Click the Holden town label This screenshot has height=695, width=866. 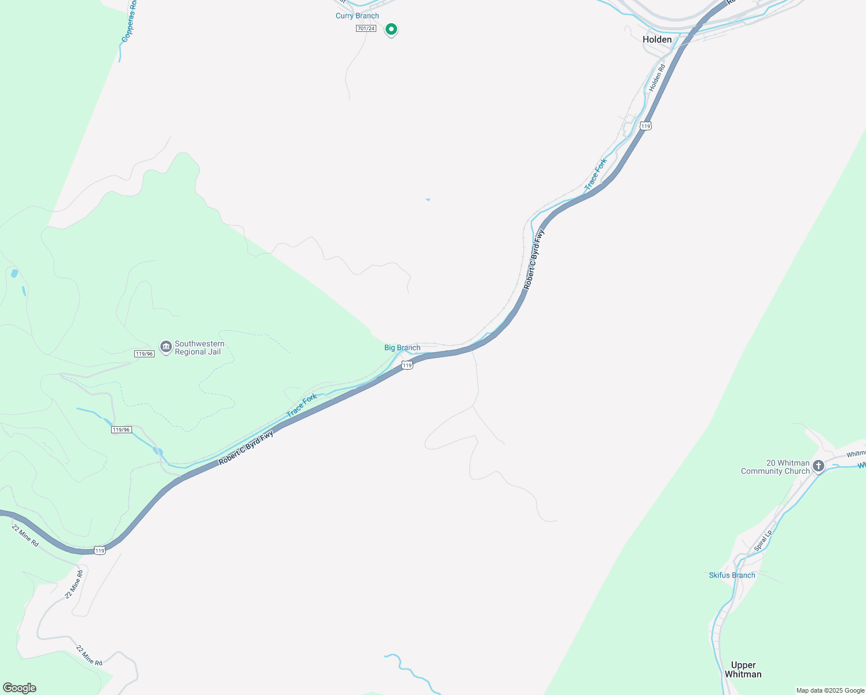[657, 39]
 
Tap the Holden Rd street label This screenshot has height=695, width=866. [657, 78]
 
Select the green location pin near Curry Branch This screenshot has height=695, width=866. [391, 29]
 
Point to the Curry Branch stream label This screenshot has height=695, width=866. [357, 16]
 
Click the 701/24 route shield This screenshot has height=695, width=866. [366, 28]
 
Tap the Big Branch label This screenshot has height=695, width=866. [402, 348]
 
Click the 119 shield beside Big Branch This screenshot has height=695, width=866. [408, 365]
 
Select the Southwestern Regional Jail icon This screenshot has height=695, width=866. [166, 348]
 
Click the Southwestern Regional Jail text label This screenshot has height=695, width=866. [199, 348]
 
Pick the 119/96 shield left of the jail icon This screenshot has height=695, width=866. [144, 353]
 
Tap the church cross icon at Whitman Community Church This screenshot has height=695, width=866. [819, 466]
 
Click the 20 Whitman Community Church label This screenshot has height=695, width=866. [776, 467]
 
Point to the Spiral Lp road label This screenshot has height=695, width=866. [763, 540]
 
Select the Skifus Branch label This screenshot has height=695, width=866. [732, 575]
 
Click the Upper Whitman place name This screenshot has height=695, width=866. [743, 670]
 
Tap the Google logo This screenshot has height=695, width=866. [19, 688]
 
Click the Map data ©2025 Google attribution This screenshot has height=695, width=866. [830, 690]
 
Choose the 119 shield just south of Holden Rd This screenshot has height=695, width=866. [646, 126]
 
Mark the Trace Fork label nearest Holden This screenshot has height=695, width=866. [595, 174]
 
